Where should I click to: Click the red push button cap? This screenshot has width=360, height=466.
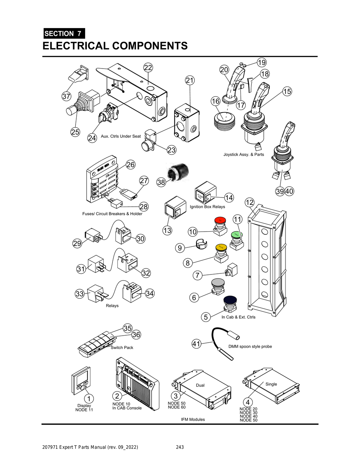(x=220, y=220)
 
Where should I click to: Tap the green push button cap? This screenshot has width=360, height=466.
(x=237, y=234)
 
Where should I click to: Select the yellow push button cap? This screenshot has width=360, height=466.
(x=221, y=247)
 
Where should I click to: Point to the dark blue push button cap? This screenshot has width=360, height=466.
(x=230, y=300)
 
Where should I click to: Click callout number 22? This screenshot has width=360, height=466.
(x=148, y=67)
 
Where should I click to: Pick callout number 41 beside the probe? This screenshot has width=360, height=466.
(x=196, y=344)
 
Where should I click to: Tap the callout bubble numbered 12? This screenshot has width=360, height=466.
(x=249, y=202)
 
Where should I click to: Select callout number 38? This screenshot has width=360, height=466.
(x=161, y=182)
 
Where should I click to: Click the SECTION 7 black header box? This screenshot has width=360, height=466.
(x=64, y=33)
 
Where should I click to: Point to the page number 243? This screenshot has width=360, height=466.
(x=180, y=447)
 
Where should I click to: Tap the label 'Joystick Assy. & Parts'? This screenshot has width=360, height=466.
(x=244, y=155)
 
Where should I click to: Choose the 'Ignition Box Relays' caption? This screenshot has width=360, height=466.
(x=207, y=207)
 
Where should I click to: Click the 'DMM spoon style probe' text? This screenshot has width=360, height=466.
(x=250, y=347)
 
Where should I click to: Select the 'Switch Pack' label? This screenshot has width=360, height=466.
(x=122, y=348)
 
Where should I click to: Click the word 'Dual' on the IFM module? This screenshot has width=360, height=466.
(x=200, y=385)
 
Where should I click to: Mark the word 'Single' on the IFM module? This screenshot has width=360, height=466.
(x=271, y=384)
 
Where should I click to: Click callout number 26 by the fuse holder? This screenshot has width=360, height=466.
(x=130, y=164)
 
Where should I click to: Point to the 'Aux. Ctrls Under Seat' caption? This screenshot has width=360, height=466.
(x=121, y=136)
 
